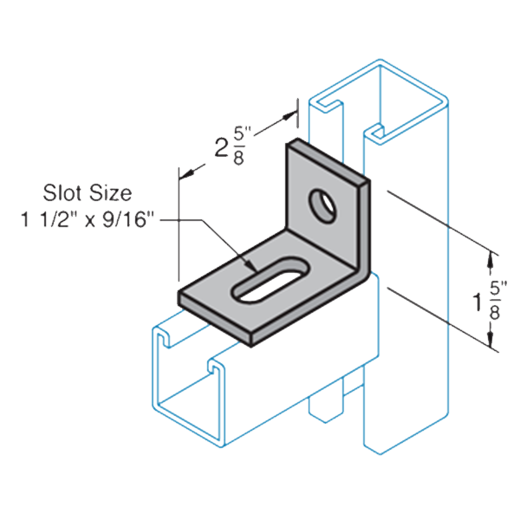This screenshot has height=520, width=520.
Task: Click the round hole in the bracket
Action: (x=322, y=205)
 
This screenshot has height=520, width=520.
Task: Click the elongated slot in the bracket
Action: (x=271, y=280)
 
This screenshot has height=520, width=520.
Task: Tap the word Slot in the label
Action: (x=62, y=192)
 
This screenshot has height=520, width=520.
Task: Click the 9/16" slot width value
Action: (x=128, y=219)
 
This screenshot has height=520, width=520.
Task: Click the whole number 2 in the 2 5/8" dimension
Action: (x=221, y=147)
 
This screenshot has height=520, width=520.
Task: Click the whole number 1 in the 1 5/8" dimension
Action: (x=478, y=302)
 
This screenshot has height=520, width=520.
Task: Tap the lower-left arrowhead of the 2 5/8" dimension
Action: (x=187, y=173)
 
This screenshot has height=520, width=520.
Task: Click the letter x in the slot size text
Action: (x=90, y=221)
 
